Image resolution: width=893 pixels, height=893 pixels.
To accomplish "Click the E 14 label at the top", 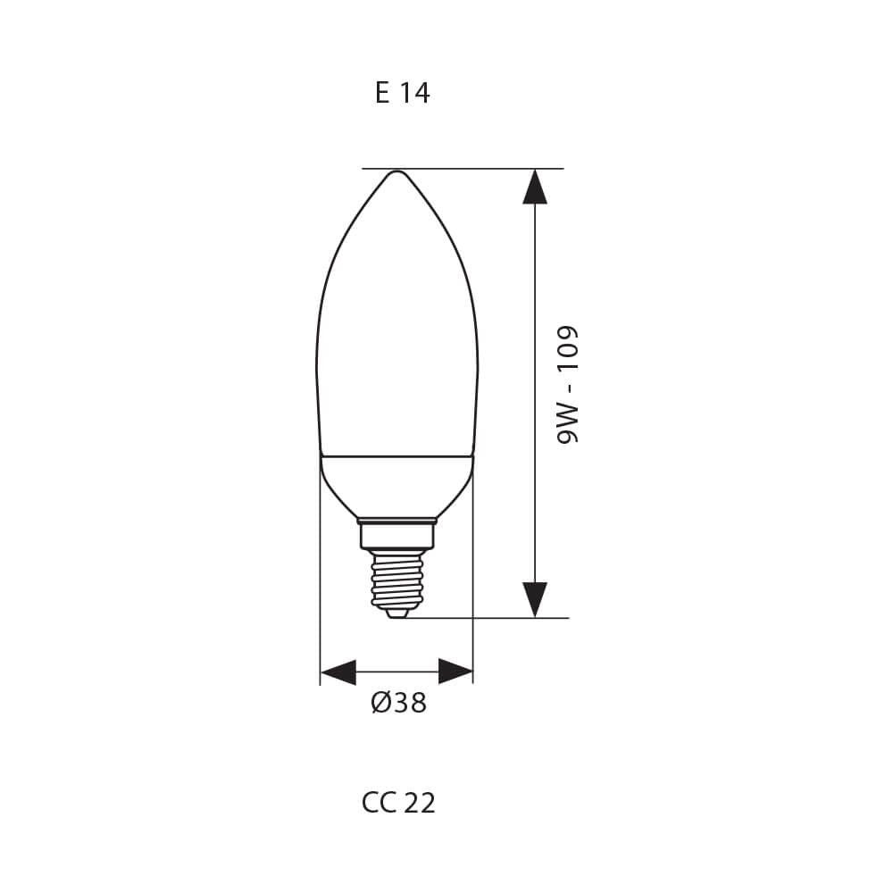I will point(402,93).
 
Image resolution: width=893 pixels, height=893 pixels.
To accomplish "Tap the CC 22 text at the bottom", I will point(398,803).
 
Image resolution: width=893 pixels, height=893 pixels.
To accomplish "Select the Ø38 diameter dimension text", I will point(398,704).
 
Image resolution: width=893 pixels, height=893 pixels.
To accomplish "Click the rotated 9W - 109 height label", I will point(568,384).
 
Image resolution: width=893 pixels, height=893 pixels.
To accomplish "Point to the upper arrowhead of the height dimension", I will point(535,187).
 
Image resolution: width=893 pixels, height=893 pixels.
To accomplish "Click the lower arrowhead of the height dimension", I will point(535,598).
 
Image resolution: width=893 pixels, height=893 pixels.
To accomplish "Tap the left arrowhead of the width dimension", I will point(338,672).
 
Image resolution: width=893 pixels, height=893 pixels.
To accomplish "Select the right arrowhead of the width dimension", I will point(455,672).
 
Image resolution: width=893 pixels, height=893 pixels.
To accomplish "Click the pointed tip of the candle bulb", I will point(396,172).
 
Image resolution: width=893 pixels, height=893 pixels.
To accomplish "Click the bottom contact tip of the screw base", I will point(396,613).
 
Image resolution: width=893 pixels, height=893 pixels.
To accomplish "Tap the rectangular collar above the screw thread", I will point(396,536).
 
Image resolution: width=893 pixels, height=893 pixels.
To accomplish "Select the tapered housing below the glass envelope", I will point(396,487).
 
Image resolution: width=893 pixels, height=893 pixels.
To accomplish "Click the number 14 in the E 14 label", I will point(414,93).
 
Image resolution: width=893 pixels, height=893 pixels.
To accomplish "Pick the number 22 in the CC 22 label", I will point(420,803).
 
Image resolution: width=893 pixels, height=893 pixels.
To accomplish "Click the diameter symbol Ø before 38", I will point(380,704).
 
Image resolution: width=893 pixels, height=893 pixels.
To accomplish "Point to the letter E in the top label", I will point(382,93).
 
